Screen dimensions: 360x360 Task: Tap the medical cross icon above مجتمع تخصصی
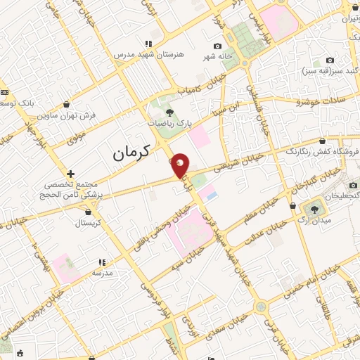tap(70, 173)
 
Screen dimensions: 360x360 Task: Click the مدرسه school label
tap(102, 273)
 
